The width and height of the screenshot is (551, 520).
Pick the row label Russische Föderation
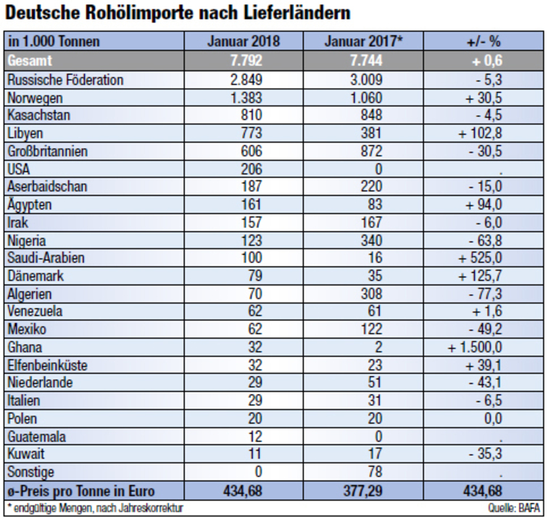click(x=66, y=80)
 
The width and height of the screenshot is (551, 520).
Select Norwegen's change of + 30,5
click(x=484, y=97)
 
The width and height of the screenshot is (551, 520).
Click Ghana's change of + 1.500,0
click(x=478, y=347)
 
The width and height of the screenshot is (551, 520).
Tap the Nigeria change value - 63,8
click(x=484, y=240)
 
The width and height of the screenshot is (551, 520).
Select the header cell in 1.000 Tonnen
click(x=54, y=41)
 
